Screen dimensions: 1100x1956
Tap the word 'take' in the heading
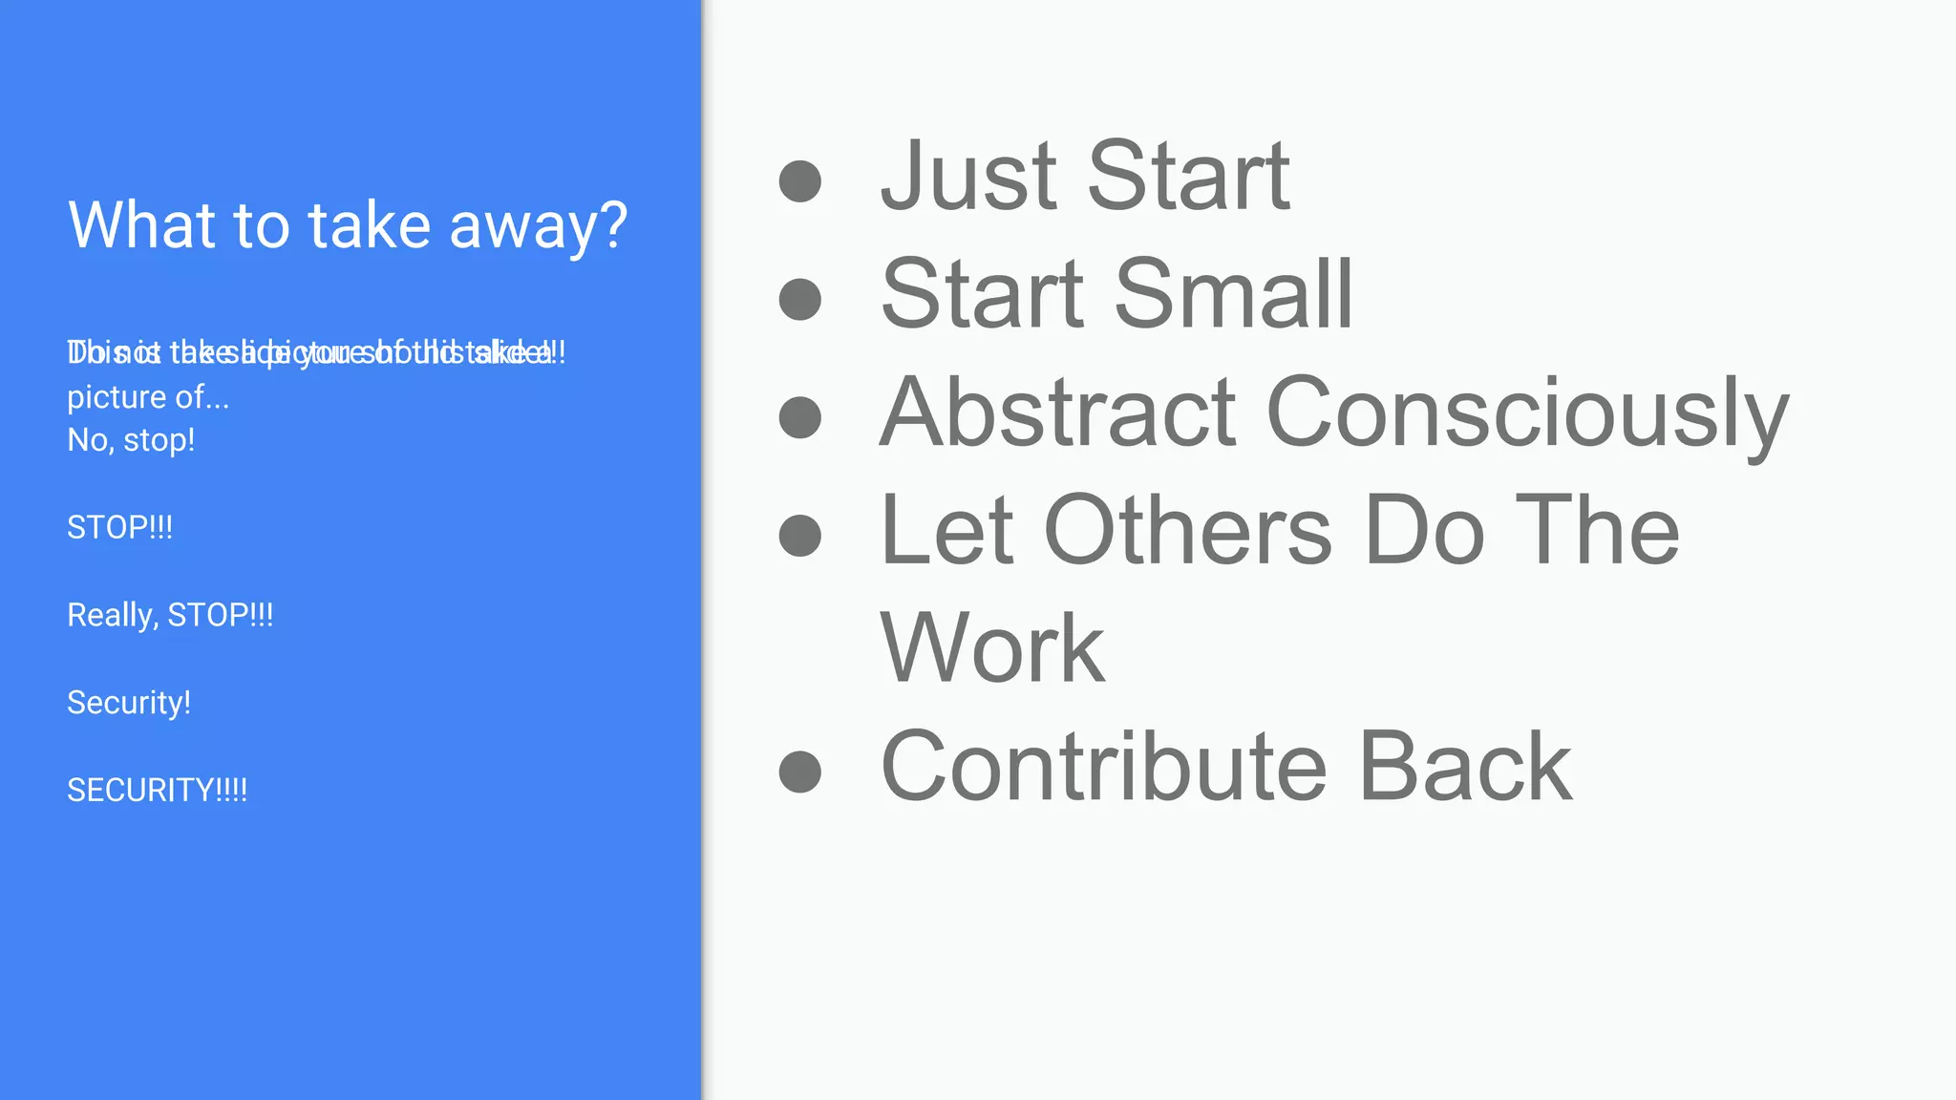pos(369,225)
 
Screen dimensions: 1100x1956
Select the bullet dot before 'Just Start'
pos(799,180)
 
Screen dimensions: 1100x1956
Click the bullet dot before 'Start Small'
pos(799,299)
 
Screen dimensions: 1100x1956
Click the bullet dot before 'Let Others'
pos(799,535)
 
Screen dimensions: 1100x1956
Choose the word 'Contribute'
pos(1103,767)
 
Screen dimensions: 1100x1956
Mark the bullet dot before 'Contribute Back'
pos(799,772)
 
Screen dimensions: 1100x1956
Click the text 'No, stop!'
pos(131,440)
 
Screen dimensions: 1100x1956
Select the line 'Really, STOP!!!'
pos(170,615)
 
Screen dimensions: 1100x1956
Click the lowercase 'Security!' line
pos(129,703)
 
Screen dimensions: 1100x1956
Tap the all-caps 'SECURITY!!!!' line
pos(157,791)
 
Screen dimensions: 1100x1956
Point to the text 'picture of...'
pos(148,397)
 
